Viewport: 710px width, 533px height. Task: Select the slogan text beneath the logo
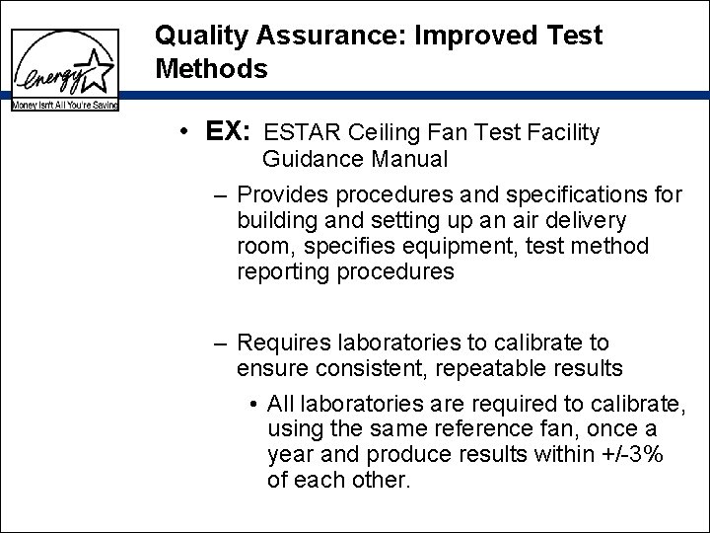pyautogui.click(x=65, y=104)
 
